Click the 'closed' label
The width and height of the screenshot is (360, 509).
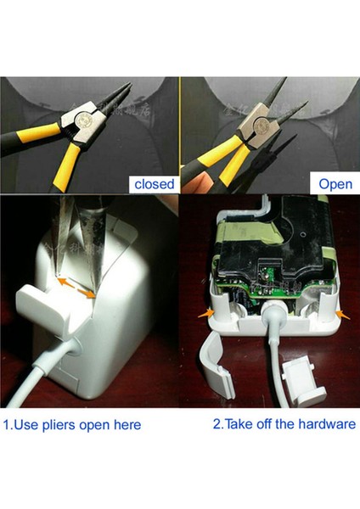[x=154, y=183]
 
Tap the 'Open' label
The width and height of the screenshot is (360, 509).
[x=335, y=183]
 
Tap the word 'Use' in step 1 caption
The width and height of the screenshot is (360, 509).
[x=27, y=424]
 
